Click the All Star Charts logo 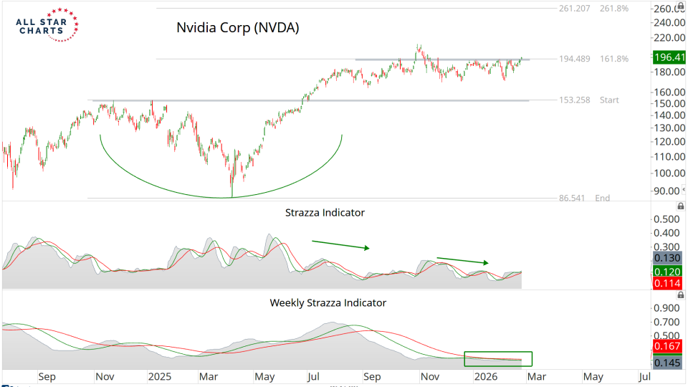click(x=46, y=26)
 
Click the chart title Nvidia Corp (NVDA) click(x=237, y=29)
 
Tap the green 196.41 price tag click(x=669, y=57)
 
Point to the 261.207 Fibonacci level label click(x=573, y=9)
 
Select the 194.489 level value click(x=574, y=59)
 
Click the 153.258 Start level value click(x=573, y=100)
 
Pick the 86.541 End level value click(x=574, y=198)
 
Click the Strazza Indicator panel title click(x=325, y=213)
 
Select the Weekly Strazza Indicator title click(x=328, y=302)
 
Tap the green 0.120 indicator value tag click(x=667, y=272)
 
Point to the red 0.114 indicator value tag click(x=667, y=285)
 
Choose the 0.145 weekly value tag click(x=667, y=362)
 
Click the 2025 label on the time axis click(x=158, y=376)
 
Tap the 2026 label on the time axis click(x=486, y=376)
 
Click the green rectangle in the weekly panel click(x=498, y=358)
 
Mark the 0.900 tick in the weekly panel click(x=667, y=308)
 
